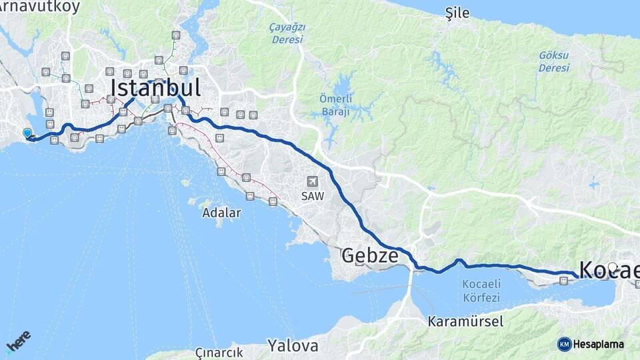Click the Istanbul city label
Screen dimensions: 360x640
point(155,88)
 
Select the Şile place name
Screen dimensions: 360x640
point(457,13)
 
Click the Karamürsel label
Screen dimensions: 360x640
point(465,322)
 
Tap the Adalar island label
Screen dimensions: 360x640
point(221,213)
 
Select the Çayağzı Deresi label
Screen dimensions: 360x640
point(287,33)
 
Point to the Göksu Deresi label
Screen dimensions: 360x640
point(554,62)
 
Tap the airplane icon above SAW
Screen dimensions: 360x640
point(312,181)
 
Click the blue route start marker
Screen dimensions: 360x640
point(27,133)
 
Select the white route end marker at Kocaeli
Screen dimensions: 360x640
point(612,267)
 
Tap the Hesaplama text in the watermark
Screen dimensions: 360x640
point(598,344)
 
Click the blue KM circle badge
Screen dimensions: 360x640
point(565,344)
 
